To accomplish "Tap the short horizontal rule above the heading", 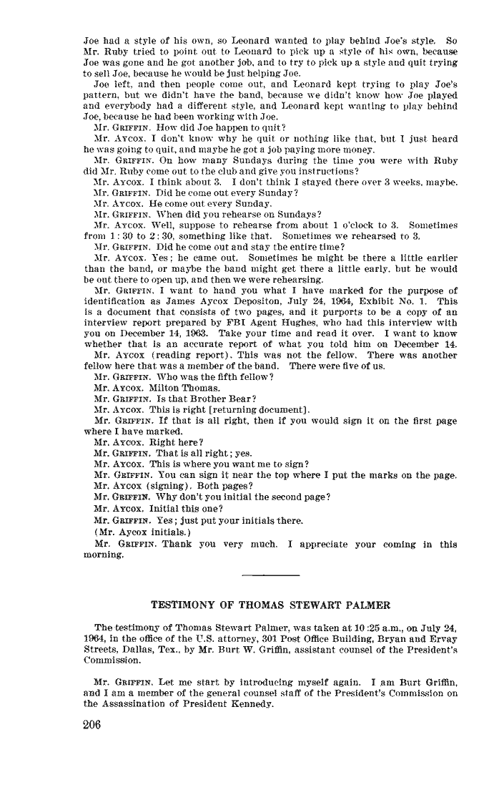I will (x=271, y=575).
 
